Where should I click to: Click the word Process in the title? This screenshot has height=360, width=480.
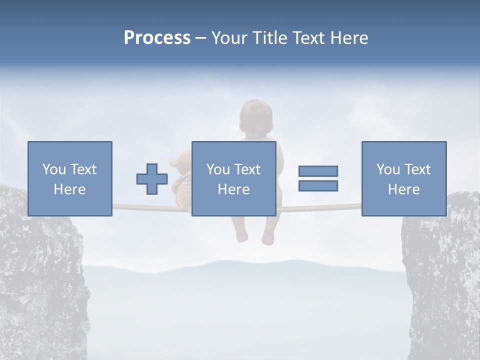[x=157, y=38]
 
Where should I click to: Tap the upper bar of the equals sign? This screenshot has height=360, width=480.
[x=318, y=171]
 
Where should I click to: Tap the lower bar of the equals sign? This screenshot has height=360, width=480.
[x=318, y=185]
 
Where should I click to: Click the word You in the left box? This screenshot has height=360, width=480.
[x=54, y=169]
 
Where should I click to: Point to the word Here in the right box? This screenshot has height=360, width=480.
[x=403, y=189]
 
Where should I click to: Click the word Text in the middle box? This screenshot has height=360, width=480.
[x=247, y=169]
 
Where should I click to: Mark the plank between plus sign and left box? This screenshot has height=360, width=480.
[x=125, y=206]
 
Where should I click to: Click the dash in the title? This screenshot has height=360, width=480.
[x=200, y=38]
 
